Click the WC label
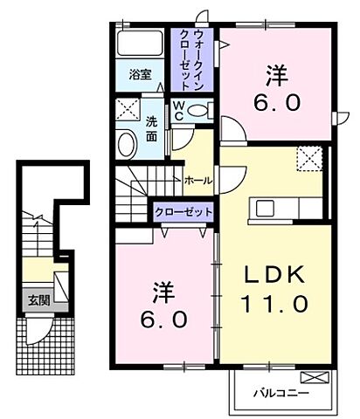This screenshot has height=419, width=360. coord(178,110)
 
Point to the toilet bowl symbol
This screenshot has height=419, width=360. coord(200,111)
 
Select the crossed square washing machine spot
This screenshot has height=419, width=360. coord(128,110)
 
